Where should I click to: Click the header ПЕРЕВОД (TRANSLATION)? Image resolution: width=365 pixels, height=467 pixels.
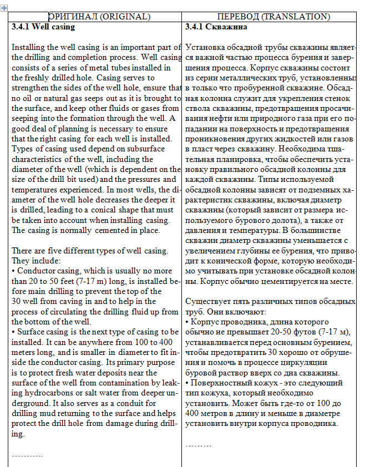pyautogui.click(x=273, y=17)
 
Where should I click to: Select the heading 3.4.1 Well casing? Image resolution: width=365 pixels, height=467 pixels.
pyautogui.click(x=43, y=27)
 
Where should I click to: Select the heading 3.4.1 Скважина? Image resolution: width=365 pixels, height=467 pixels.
pyautogui.click(x=216, y=27)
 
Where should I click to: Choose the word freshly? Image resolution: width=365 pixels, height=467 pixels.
pyautogui.click(x=51, y=78)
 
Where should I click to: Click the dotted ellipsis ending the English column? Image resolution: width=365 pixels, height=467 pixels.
pyautogui.click(x=27, y=455)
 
